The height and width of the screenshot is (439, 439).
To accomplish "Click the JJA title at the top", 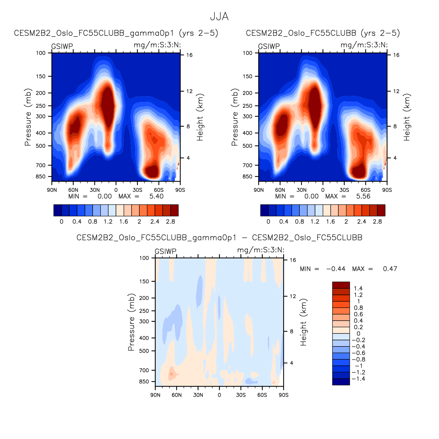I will [219, 17].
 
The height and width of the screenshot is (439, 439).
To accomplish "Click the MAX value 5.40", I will [156, 196].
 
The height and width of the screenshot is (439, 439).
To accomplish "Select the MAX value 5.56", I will [363, 196].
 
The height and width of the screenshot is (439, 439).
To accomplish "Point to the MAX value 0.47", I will [390, 269].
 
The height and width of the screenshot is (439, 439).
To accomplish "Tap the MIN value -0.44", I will [335, 269].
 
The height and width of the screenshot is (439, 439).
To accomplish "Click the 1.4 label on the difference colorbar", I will [358, 288].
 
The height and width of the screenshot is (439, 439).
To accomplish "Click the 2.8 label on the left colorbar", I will [170, 221].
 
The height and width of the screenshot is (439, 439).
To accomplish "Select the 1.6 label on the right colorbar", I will [330, 221].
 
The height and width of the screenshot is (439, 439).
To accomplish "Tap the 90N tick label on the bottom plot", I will [155, 395].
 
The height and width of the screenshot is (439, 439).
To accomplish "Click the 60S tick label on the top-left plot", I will [159, 190].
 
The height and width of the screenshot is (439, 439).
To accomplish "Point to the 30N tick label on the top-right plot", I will [302, 190].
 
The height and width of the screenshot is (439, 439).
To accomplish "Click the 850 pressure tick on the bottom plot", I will [144, 381].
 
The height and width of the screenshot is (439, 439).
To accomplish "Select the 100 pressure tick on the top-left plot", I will [41, 53].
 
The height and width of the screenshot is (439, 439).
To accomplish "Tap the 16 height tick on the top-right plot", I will [396, 55].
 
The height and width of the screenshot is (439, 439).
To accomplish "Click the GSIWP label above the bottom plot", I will [166, 252].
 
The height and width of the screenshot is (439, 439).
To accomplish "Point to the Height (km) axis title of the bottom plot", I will [303, 322].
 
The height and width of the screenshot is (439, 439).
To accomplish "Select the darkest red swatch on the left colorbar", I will [174, 210].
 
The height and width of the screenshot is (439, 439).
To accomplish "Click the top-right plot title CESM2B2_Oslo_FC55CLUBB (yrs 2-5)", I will [323, 33].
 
